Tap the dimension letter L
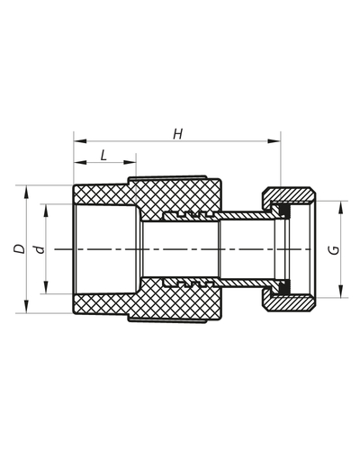pos(103,155)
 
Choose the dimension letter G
pos(336,249)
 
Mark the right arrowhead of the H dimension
pos(274,141)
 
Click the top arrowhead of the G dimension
pos(341,205)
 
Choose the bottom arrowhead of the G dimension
pos(341,294)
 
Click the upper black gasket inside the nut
pos(283,211)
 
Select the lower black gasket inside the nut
pos(283,288)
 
